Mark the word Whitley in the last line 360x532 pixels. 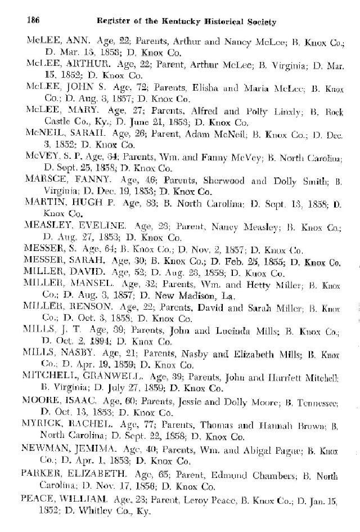[x=84, y=504]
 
